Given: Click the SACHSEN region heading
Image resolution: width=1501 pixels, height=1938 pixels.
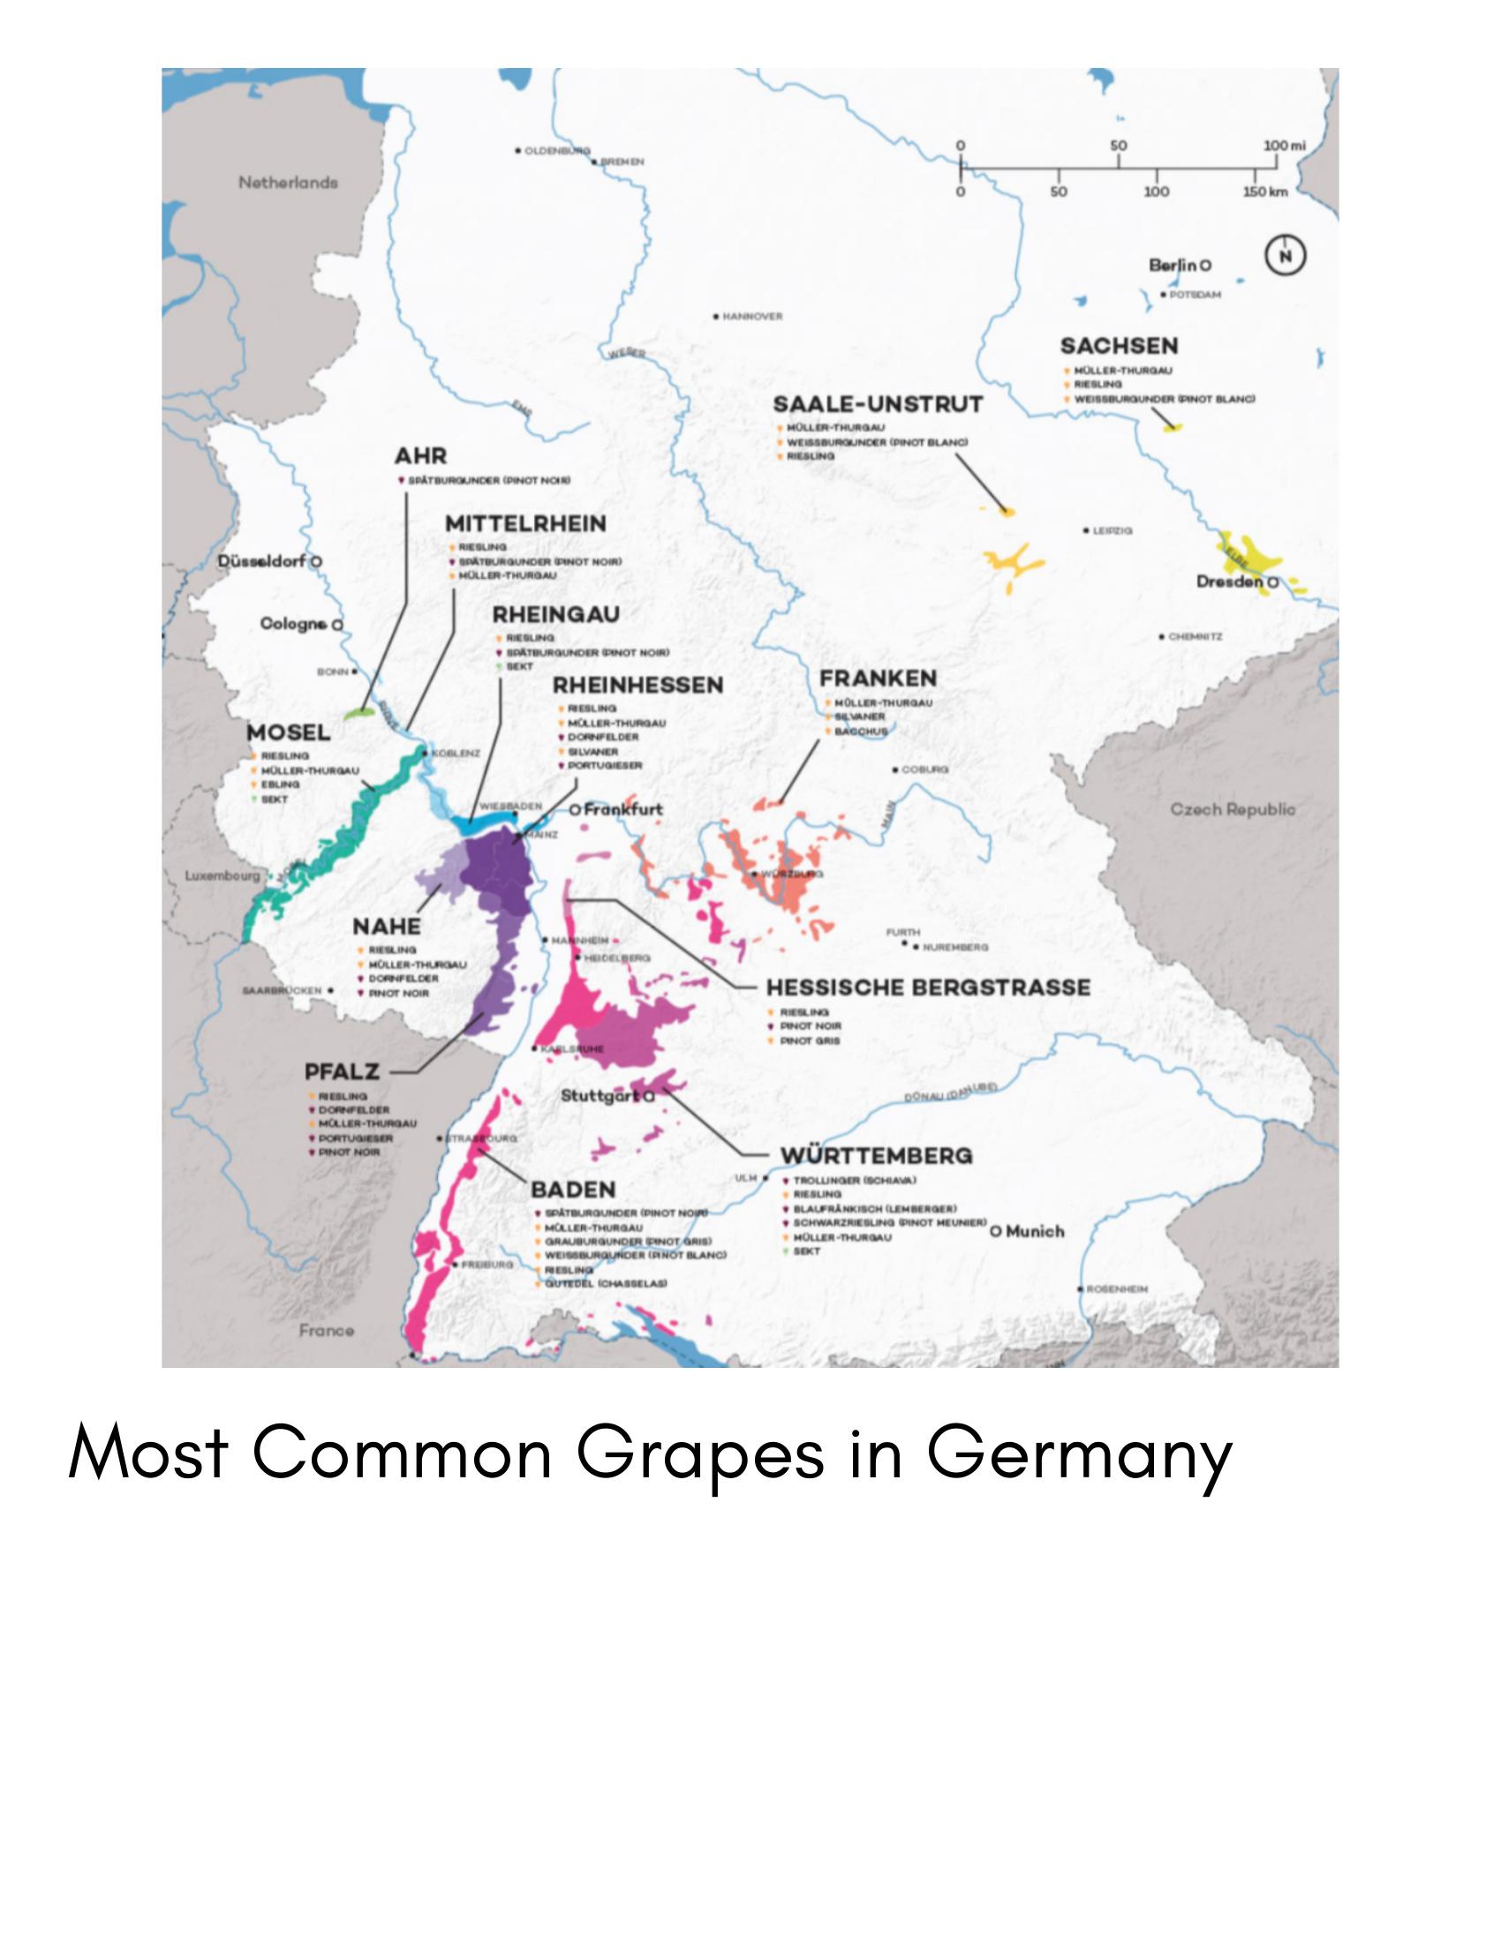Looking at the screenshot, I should pyautogui.click(x=1119, y=346).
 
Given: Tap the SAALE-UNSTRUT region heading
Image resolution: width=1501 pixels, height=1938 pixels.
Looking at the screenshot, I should pyautogui.click(x=878, y=405).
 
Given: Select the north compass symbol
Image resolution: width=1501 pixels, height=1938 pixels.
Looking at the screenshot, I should pyautogui.click(x=1285, y=257).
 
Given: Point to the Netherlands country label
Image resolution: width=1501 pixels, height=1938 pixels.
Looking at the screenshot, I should pyautogui.click(x=288, y=183).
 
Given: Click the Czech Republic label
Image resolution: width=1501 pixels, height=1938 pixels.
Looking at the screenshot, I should pyautogui.click(x=1232, y=809).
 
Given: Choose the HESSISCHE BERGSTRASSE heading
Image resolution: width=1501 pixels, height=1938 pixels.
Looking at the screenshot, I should pyautogui.click(x=928, y=988).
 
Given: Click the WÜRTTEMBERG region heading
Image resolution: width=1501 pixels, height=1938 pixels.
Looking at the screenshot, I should pyautogui.click(x=876, y=1155).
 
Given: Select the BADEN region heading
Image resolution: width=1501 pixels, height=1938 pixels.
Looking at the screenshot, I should pyautogui.click(x=572, y=1190).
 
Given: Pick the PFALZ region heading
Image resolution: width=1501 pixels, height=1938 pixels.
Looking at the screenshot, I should pyautogui.click(x=342, y=1072).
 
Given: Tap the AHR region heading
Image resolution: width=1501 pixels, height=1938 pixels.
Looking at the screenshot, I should pyautogui.click(x=420, y=456).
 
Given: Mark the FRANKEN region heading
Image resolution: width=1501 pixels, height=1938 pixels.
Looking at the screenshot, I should pyautogui.click(x=877, y=678).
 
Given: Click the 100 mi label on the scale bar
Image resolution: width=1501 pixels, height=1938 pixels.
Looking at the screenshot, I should pyautogui.click(x=1284, y=146).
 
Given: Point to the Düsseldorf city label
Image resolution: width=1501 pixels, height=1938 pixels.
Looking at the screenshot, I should pyautogui.click(x=262, y=561).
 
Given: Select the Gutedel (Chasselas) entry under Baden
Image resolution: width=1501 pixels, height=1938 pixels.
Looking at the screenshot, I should pyautogui.click(x=606, y=1284).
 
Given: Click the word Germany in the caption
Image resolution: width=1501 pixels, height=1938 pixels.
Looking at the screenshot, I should pyautogui.click(x=1079, y=1453).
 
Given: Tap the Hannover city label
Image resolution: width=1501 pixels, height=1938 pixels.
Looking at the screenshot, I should pyautogui.click(x=752, y=317).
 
